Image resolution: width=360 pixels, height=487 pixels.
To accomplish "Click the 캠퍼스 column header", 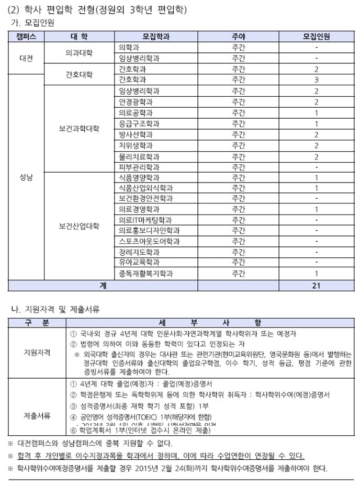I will pyautogui.click(x=26, y=36).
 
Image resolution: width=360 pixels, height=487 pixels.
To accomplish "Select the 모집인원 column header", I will pyautogui.click(x=316, y=36).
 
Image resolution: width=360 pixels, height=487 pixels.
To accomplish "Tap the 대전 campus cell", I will pyautogui.click(x=26, y=58).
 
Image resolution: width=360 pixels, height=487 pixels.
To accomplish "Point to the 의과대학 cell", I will pyautogui.click(x=78, y=53).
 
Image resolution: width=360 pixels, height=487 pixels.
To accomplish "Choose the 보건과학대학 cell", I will pyautogui.click(x=78, y=128).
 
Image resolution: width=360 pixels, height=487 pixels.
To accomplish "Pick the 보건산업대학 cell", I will pyautogui.click(x=78, y=226).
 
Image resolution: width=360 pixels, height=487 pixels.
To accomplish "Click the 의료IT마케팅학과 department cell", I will pyautogui.click(x=145, y=220).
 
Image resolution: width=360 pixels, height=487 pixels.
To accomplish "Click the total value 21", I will pyautogui.click(x=316, y=286).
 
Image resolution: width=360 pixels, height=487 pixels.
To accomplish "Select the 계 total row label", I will pyautogui.click(x=103, y=286).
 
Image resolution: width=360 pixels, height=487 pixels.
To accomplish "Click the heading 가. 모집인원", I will pyautogui.click(x=37, y=23).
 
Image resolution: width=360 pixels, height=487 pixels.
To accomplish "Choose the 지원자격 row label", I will pyautogui.click(x=37, y=352).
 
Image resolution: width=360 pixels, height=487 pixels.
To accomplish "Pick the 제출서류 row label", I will pyautogui.click(x=37, y=415).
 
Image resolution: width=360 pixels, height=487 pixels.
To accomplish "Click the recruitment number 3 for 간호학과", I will pyautogui.click(x=316, y=80).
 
